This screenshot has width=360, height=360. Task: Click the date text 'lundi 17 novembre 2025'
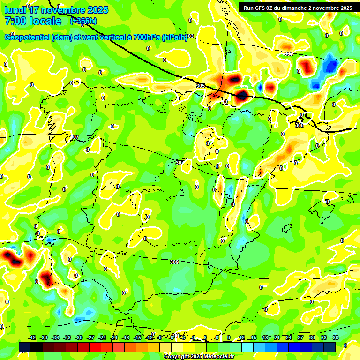56,10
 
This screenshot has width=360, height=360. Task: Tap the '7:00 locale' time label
33,21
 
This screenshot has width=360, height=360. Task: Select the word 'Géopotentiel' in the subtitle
28,37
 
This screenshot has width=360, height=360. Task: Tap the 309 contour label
174,262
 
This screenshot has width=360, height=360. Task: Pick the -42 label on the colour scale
32,337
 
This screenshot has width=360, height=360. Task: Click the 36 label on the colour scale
336,337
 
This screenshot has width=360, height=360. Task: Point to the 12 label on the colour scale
242,337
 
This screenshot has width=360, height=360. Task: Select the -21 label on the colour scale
114,337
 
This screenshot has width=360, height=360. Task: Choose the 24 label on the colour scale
289,337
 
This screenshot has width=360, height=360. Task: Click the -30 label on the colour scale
79,337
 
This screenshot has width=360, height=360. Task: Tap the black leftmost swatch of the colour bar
25,347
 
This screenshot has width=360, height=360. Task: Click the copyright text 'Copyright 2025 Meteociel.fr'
199,357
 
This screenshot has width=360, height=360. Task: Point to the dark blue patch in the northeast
330,66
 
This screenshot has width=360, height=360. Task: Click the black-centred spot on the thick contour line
242,96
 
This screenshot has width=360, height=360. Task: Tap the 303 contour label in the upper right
288,53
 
